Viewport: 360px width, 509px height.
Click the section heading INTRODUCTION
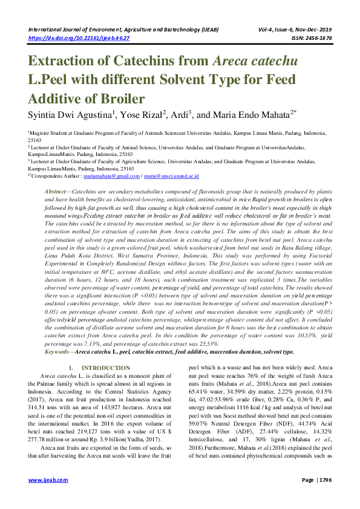106,368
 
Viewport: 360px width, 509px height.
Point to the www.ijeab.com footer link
44,497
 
